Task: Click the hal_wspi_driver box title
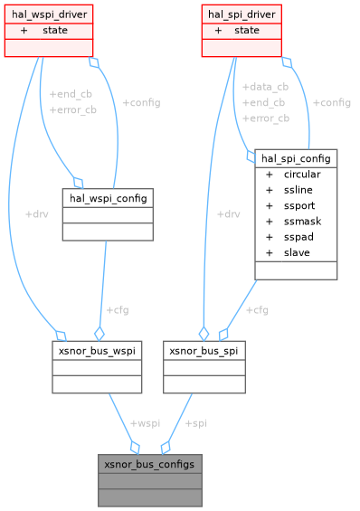coord(49,14)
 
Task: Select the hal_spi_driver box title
coord(242,14)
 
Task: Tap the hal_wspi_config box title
coord(107,197)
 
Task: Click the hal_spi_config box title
coord(296,158)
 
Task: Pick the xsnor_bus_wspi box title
coord(97,348)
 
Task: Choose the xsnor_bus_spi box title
coord(204,348)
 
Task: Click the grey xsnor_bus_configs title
coord(149,463)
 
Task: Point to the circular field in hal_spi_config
coord(301,175)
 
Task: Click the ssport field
coord(298,205)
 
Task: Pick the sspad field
coord(297,236)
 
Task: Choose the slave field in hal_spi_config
coord(296,252)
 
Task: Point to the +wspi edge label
coord(145,423)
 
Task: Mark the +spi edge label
coord(195,423)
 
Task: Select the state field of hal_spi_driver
coord(246,30)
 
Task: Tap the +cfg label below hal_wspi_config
coord(118,309)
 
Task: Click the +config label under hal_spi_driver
coord(331,103)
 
